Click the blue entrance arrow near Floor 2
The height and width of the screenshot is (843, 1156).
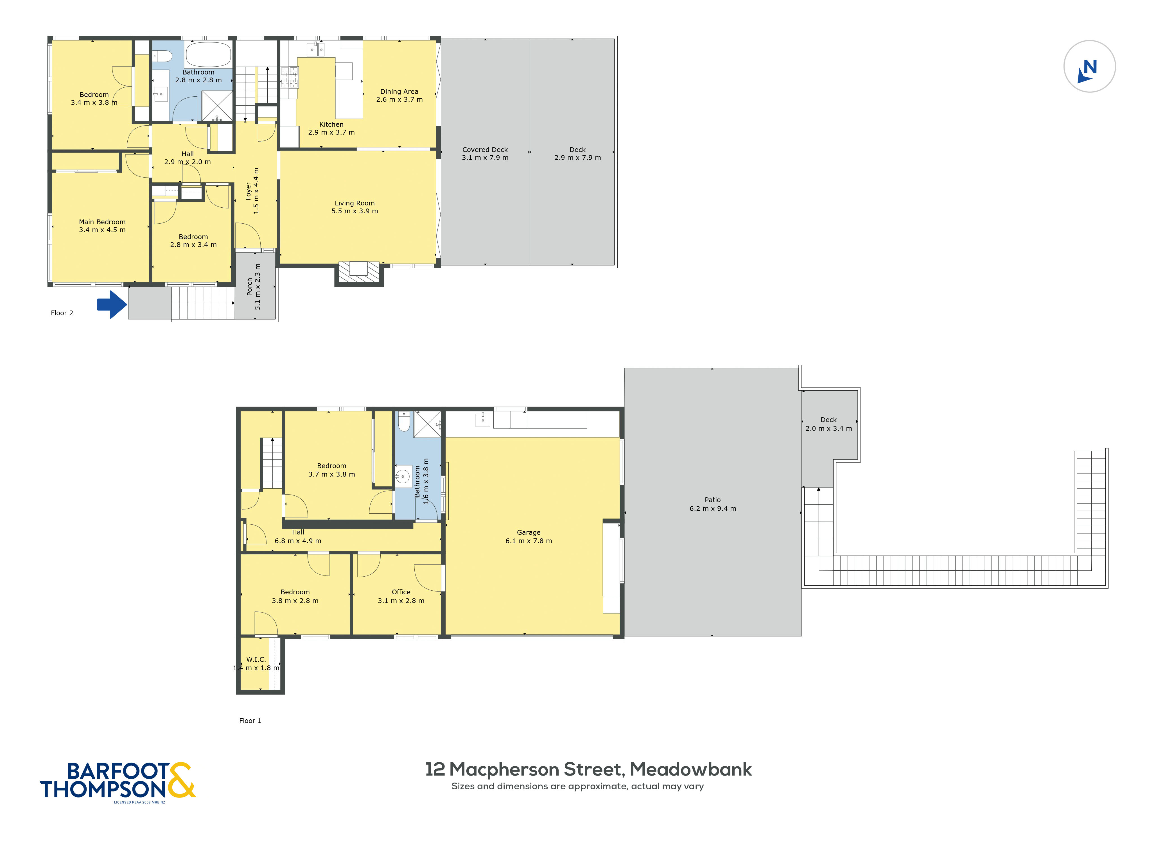pos(112,305)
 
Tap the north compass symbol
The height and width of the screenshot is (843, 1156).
pos(1089,66)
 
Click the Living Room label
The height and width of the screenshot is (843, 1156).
pos(355,203)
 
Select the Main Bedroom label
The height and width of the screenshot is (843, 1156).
pos(102,222)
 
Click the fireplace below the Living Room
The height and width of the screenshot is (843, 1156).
pos(359,273)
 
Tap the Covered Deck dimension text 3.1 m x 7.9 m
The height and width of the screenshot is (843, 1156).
pos(485,158)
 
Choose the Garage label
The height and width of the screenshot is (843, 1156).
pos(529,532)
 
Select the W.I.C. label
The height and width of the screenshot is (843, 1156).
pos(256,659)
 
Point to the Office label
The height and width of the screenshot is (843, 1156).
pos(401,592)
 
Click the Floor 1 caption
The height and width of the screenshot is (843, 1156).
pos(250,720)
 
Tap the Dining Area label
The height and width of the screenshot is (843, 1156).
pos(399,92)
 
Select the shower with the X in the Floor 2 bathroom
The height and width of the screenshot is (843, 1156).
pos(217,106)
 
